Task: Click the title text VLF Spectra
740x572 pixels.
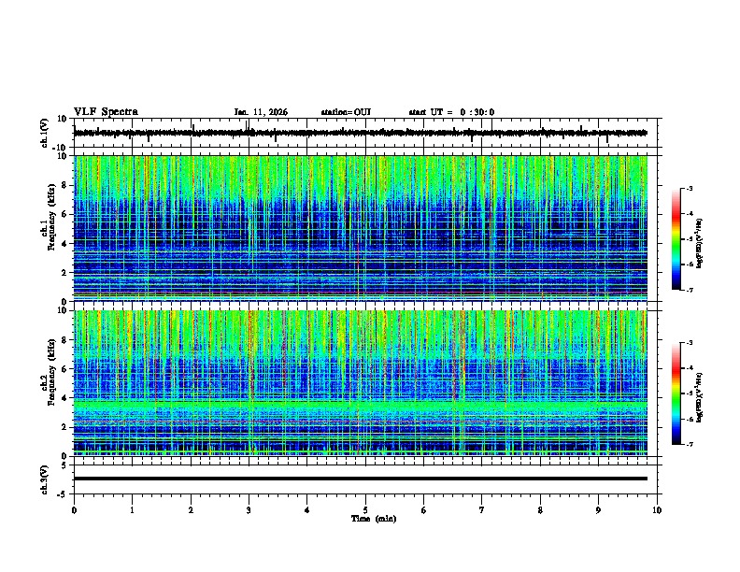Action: [x=106, y=112]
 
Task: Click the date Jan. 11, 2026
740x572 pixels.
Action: [x=261, y=112]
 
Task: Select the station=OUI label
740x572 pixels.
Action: [x=346, y=112]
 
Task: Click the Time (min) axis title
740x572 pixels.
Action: [x=373, y=518]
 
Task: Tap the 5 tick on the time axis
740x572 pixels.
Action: [x=365, y=509]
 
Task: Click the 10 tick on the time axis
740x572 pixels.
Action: [x=657, y=509]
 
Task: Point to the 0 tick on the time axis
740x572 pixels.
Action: [x=74, y=509]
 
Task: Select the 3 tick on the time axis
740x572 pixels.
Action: [x=249, y=509]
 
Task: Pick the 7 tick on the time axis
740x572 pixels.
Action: [x=482, y=509]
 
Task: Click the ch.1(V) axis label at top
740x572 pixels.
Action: [x=44, y=133]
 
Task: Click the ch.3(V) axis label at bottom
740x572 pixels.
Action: [x=44, y=478]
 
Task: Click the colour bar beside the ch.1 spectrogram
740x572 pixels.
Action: [x=676, y=240]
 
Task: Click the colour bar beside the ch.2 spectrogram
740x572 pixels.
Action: [x=676, y=393]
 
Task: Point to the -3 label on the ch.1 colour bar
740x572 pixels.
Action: [x=691, y=190]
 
